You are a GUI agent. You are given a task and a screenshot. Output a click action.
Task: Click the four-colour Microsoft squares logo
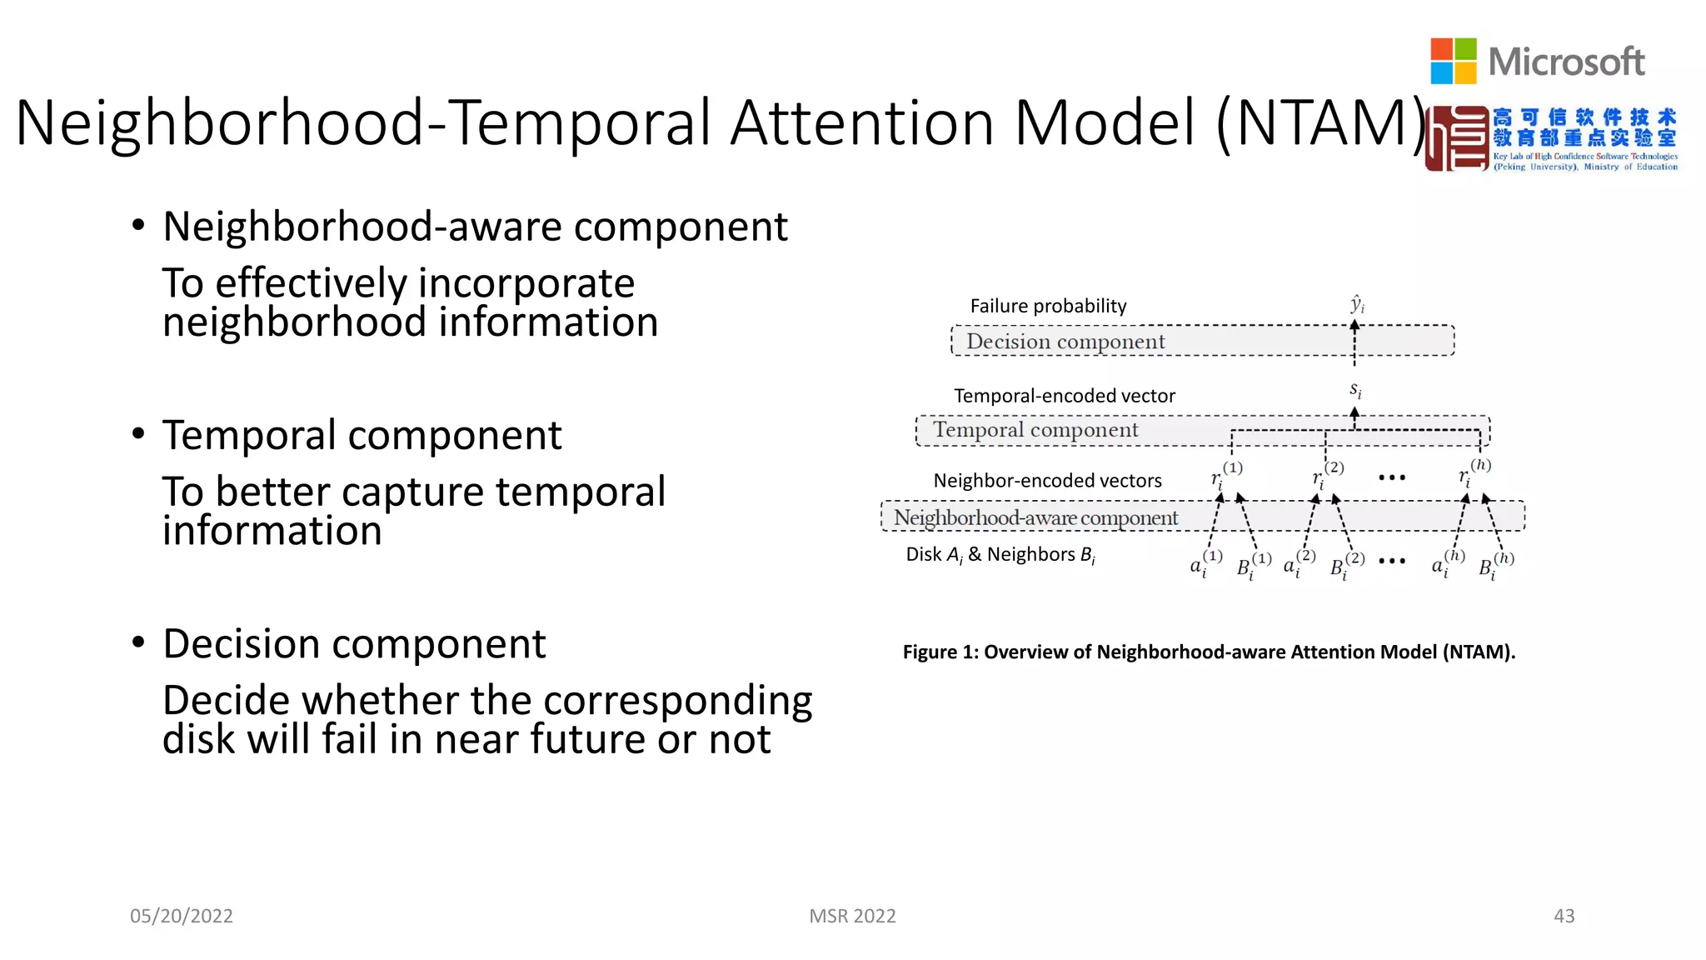(x=1453, y=61)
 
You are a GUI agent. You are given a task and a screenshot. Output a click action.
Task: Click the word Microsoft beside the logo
(x=1566, y=62)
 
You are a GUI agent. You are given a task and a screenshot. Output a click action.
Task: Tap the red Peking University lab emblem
(x=1456, y=139)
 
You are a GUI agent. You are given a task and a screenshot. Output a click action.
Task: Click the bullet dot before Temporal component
(x=138, y=434)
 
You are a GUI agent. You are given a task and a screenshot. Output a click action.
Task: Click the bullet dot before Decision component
(x=138, y=642)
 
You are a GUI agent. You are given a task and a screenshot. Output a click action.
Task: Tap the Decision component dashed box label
(x=1065, y=342)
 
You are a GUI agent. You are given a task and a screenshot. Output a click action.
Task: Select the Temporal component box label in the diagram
(x=1035, y=430)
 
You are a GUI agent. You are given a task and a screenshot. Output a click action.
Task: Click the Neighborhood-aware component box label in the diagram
(x=1035, y=517)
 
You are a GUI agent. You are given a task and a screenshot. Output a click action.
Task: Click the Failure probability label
(x=1048, y=306)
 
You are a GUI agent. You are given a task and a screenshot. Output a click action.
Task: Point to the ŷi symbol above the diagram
(x=1357, y=304)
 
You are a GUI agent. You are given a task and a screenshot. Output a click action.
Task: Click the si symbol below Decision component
(x=1355, y=390)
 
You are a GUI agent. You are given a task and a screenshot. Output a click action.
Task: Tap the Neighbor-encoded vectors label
(x=1047, y=481)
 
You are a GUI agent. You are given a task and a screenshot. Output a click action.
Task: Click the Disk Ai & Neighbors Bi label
(x=1000, y=555)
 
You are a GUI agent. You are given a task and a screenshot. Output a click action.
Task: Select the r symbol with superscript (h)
(x=1473, y=474)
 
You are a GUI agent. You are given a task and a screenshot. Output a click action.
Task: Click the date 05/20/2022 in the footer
(x=182, y=916)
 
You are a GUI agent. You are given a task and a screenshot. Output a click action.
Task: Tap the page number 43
(x=1564, y=916)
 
